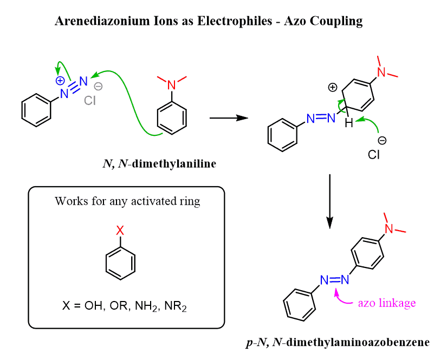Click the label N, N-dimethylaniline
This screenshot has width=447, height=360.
159,164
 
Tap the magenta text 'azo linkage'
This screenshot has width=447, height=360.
387,303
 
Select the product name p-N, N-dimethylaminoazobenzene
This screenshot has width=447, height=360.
338,342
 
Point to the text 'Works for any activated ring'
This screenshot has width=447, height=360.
127,201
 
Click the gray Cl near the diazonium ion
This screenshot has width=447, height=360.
89,101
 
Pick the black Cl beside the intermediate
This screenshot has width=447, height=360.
373,155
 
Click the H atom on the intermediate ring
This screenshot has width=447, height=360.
349,124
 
